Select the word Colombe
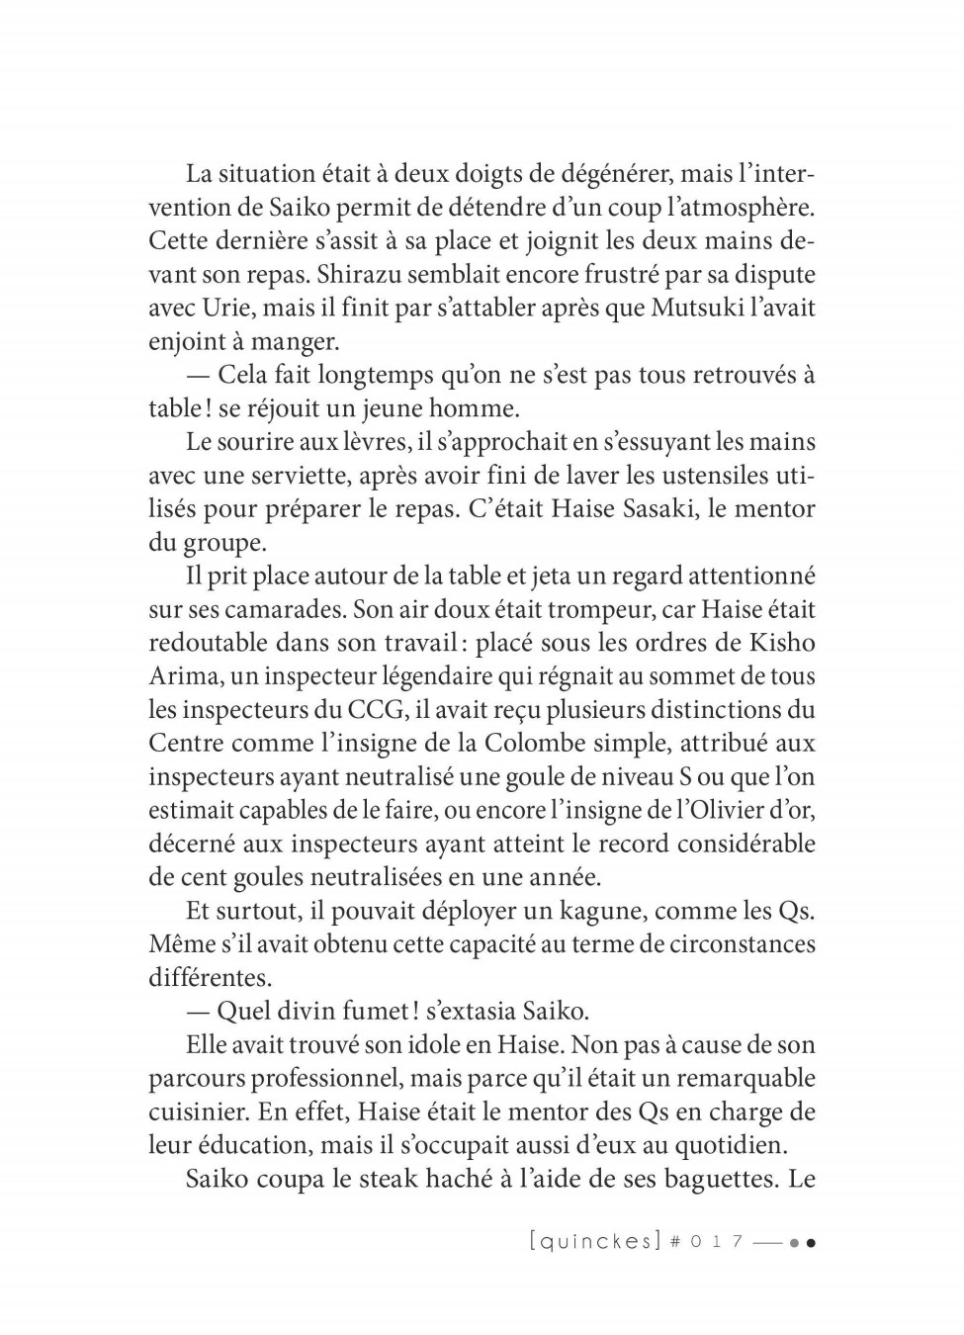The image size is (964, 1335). [541, 744]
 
